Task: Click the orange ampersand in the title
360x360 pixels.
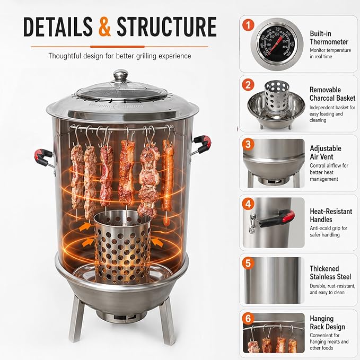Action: pos(104,27)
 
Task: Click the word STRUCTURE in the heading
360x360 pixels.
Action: pos(166,27)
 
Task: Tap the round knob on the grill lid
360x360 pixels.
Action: pos(120,75)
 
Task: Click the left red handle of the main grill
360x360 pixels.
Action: pos(43,157)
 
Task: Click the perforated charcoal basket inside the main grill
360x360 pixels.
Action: pos(122,247)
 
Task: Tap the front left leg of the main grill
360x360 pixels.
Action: pos(77,319)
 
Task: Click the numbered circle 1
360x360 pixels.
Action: pos(248,25)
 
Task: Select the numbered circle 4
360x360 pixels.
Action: pos(248,204)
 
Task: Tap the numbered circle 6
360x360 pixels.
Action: pos(248,319)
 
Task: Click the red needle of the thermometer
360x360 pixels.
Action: pos(275,46)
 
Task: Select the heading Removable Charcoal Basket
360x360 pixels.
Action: pos(332,94)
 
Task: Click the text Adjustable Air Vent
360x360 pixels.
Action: pos(326,153)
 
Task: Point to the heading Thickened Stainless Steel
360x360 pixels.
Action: pos(330,273)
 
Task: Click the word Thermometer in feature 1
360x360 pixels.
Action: pos(329,42)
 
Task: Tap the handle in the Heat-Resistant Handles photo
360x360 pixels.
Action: pos(273,221)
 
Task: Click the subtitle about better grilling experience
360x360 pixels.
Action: pos(120,56)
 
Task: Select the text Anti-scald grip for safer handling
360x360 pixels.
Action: pos(328,231)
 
